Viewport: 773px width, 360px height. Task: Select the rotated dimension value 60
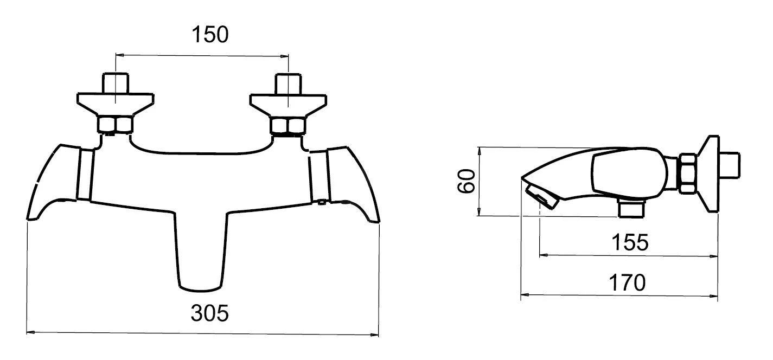[x=467, y=181]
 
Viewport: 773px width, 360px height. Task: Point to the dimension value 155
[x=630, y=242]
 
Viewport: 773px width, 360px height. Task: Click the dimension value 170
[x=627, y=282]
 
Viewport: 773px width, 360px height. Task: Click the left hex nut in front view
[x=115, y=125]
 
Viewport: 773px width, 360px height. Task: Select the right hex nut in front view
[x=289, y=126]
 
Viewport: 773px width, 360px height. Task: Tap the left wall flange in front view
[x=115, y=103]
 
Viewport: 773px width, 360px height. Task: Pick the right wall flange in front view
[x=289, y=103]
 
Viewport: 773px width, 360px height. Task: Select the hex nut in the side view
[x=687, y=173]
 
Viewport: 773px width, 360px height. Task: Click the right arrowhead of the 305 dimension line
[x=376, y=333]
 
